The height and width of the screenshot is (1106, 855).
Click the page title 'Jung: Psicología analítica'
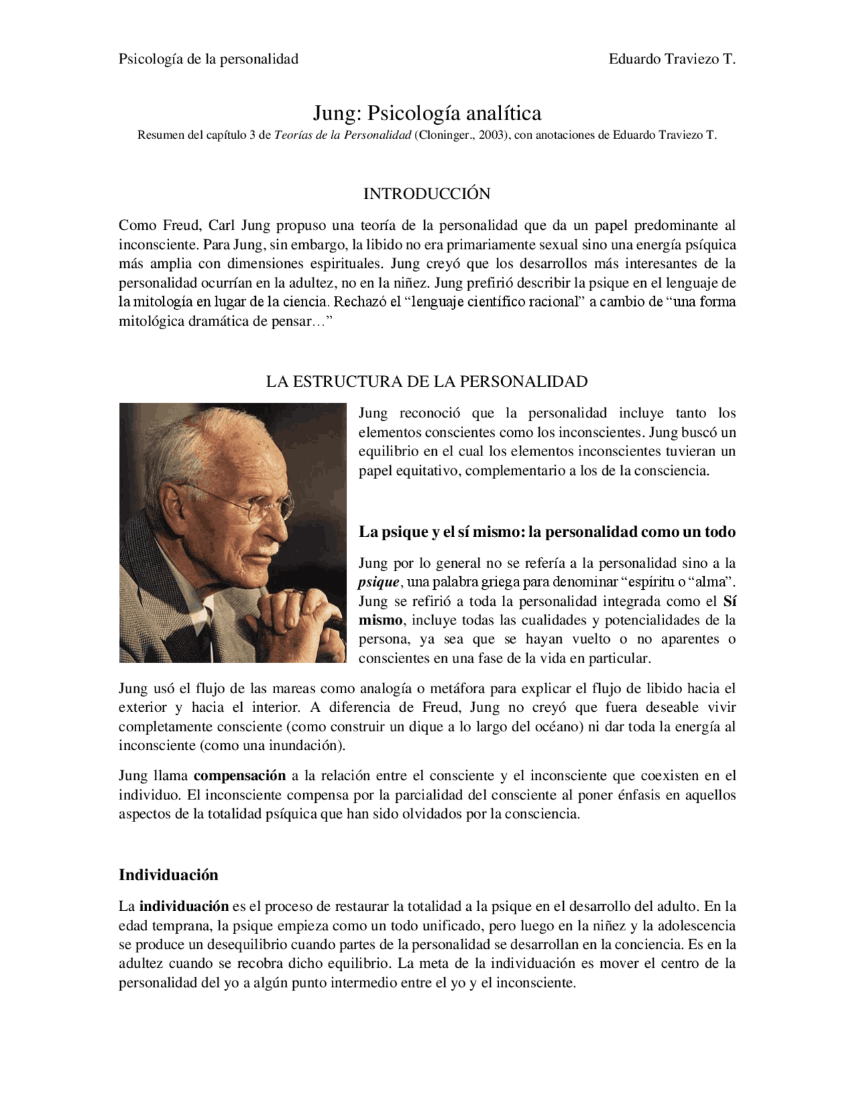pos(427,113)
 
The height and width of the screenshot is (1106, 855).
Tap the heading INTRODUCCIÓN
pos(427,194)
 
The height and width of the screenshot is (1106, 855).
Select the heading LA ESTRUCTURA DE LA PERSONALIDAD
pos(427,381)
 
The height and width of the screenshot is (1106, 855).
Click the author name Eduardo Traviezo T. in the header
pos(671,59)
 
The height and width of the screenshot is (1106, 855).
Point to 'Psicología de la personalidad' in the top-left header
pos(208,59)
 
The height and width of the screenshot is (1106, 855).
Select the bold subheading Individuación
pos(168,874)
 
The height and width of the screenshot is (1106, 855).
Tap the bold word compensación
pos(240,775)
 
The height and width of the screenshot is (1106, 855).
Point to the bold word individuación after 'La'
pos(184,906)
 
